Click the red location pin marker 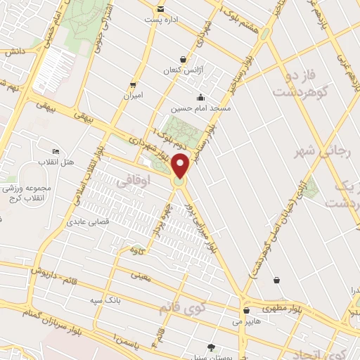(180, 166)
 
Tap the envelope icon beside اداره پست (162, 8)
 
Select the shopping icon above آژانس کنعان (184, 59)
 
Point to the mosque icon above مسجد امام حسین (202, 98)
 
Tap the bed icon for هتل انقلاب (56, 152)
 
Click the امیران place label (133, 94)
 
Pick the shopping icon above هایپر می (246, 309)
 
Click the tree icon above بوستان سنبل (212, 347)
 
